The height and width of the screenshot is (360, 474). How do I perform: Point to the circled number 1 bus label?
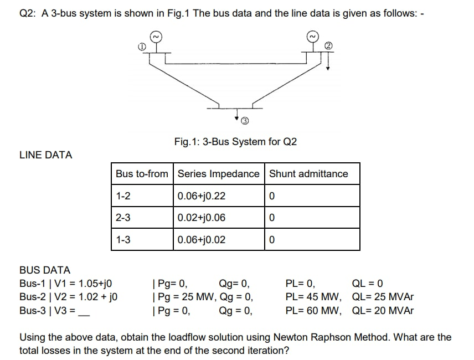(x=142, y=48)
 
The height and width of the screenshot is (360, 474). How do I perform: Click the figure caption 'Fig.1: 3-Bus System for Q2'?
(x=235, y=142)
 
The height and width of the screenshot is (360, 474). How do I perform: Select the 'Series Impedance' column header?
(x=218, y=174)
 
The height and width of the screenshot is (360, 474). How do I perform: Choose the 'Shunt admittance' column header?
(x=308, y=174)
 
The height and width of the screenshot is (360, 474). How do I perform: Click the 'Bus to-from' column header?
(x=142, y=174)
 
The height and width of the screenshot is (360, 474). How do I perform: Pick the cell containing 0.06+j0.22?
(x=202, y=196)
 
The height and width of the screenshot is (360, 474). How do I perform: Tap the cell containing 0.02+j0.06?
(x=202, y=218)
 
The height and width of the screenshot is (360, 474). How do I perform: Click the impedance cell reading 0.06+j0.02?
(x=202, y=240)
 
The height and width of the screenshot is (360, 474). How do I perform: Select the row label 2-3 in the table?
(x=123, y=218)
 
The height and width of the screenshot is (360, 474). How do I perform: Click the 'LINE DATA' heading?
(x=46, y=156)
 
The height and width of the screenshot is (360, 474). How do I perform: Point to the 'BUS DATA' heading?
(x=45, y=270)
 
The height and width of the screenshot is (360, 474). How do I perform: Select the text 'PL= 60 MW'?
(x=313, y=310)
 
